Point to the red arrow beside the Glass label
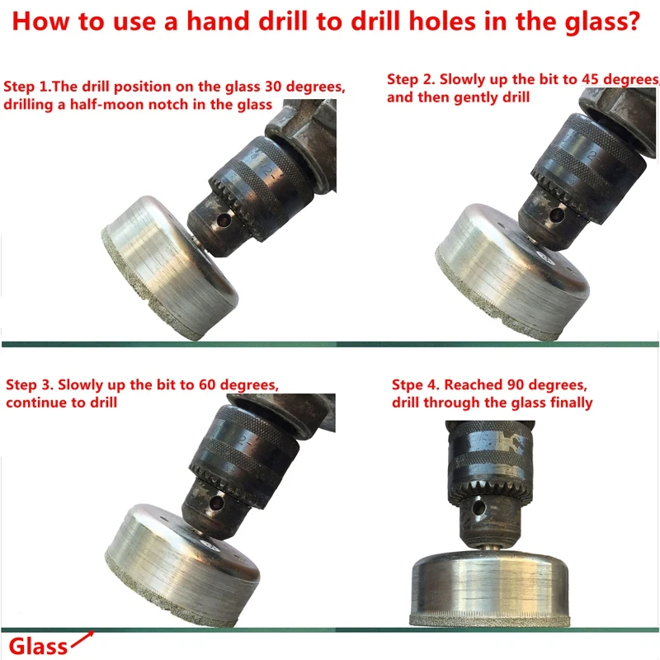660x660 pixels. pyautogui.click(x=83, y=639)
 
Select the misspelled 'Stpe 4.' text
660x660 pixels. pyautogui.click(x=415, y=385)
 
